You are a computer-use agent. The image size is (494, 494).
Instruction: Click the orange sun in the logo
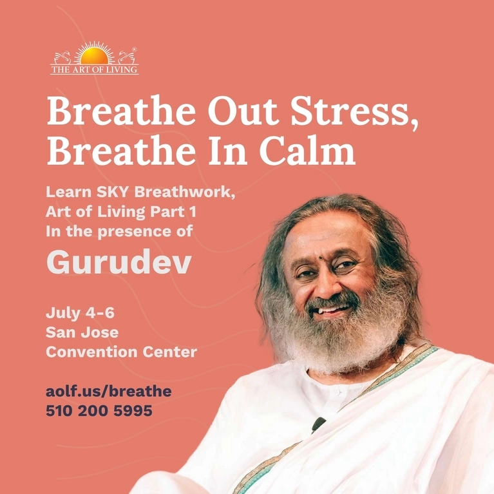click(94, 56)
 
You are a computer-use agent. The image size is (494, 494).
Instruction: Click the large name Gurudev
click(119, 261)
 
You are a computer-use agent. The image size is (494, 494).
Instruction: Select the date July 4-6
click(80, 313)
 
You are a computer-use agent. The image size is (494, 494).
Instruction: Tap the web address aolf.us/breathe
click(109, 391)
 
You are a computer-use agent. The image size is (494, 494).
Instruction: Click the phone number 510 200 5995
click(99, 410)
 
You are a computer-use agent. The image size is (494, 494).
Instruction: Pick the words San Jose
click(82, 332)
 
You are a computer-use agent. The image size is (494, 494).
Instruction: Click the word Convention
click(91, 352)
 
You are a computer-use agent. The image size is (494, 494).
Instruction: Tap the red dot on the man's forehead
click(320, 258)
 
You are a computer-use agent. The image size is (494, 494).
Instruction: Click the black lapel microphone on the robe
click(318, 424)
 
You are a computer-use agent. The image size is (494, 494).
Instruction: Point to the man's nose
click(325, 287)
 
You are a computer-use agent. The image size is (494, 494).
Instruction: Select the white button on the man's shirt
click(337, 392)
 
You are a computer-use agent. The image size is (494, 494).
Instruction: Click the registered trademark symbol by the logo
click(135, 50)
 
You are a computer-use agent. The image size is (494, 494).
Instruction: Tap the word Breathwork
click(185, 191)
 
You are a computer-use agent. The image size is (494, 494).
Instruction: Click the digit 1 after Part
click(193, 211)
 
